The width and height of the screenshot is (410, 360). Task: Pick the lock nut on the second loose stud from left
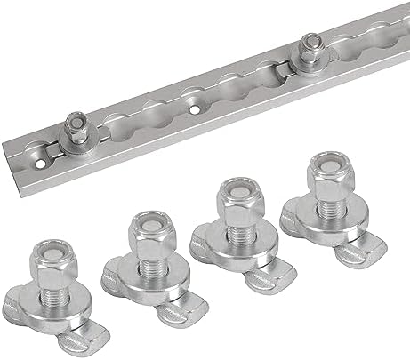(145, 233)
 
